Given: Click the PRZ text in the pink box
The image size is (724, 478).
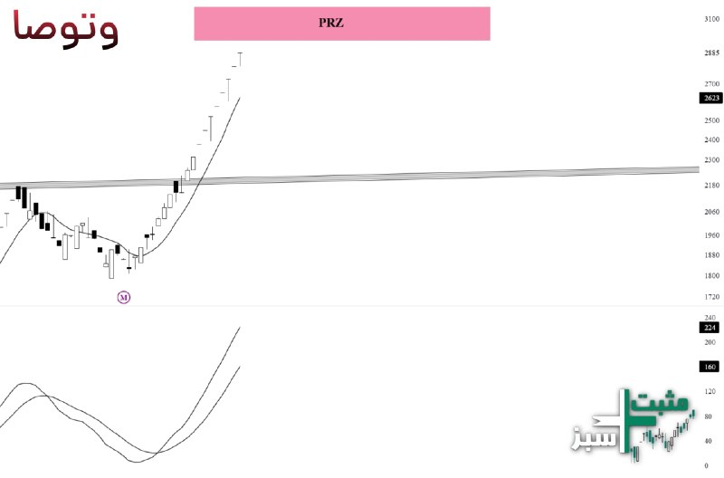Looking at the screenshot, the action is coord(330,23).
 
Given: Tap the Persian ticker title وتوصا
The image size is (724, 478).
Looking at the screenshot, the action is coord(65,28).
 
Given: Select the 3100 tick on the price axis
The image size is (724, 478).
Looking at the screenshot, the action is coord(712,19).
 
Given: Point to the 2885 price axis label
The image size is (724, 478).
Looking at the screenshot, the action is coord(712,53).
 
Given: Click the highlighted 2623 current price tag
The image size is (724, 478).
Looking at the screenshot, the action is coord(711,98).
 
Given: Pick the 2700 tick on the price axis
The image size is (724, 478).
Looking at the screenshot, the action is coord(712,84).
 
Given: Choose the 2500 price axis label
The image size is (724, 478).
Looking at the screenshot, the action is coord(712,120).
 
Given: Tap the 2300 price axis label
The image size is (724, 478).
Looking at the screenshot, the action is coord(712,160).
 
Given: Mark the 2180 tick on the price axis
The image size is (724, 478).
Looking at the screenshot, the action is coord(712,186).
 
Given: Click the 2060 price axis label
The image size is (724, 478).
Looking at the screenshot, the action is coord(712,212).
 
